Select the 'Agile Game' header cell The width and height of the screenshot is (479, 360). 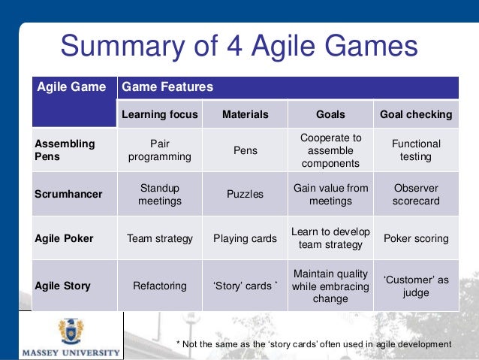coord(72,87)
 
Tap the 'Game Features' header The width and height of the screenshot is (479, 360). coord(167,87)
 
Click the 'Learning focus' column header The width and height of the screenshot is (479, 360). coord(159,114)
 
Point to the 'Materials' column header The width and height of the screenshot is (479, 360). coord(245,114)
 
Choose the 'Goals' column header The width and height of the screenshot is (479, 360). coord(330,114)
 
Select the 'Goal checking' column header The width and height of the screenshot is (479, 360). coord(416,114)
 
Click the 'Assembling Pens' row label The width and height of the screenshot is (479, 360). coord(64,150)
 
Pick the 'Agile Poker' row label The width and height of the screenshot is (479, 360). coord(64,238)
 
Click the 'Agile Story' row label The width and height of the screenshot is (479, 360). coord(63,286)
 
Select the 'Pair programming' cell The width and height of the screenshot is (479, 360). coord(159,150)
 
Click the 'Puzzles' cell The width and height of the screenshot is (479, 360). coord(245,194)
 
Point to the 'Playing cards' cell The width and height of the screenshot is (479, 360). coord(245,238)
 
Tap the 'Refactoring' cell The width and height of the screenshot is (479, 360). coord(159,286)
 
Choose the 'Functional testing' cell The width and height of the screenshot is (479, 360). coord(416,150)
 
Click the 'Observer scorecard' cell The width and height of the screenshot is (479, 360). coord(416,194)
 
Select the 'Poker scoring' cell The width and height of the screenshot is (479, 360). coord(416,238)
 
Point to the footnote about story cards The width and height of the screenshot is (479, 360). coord(313,343)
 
